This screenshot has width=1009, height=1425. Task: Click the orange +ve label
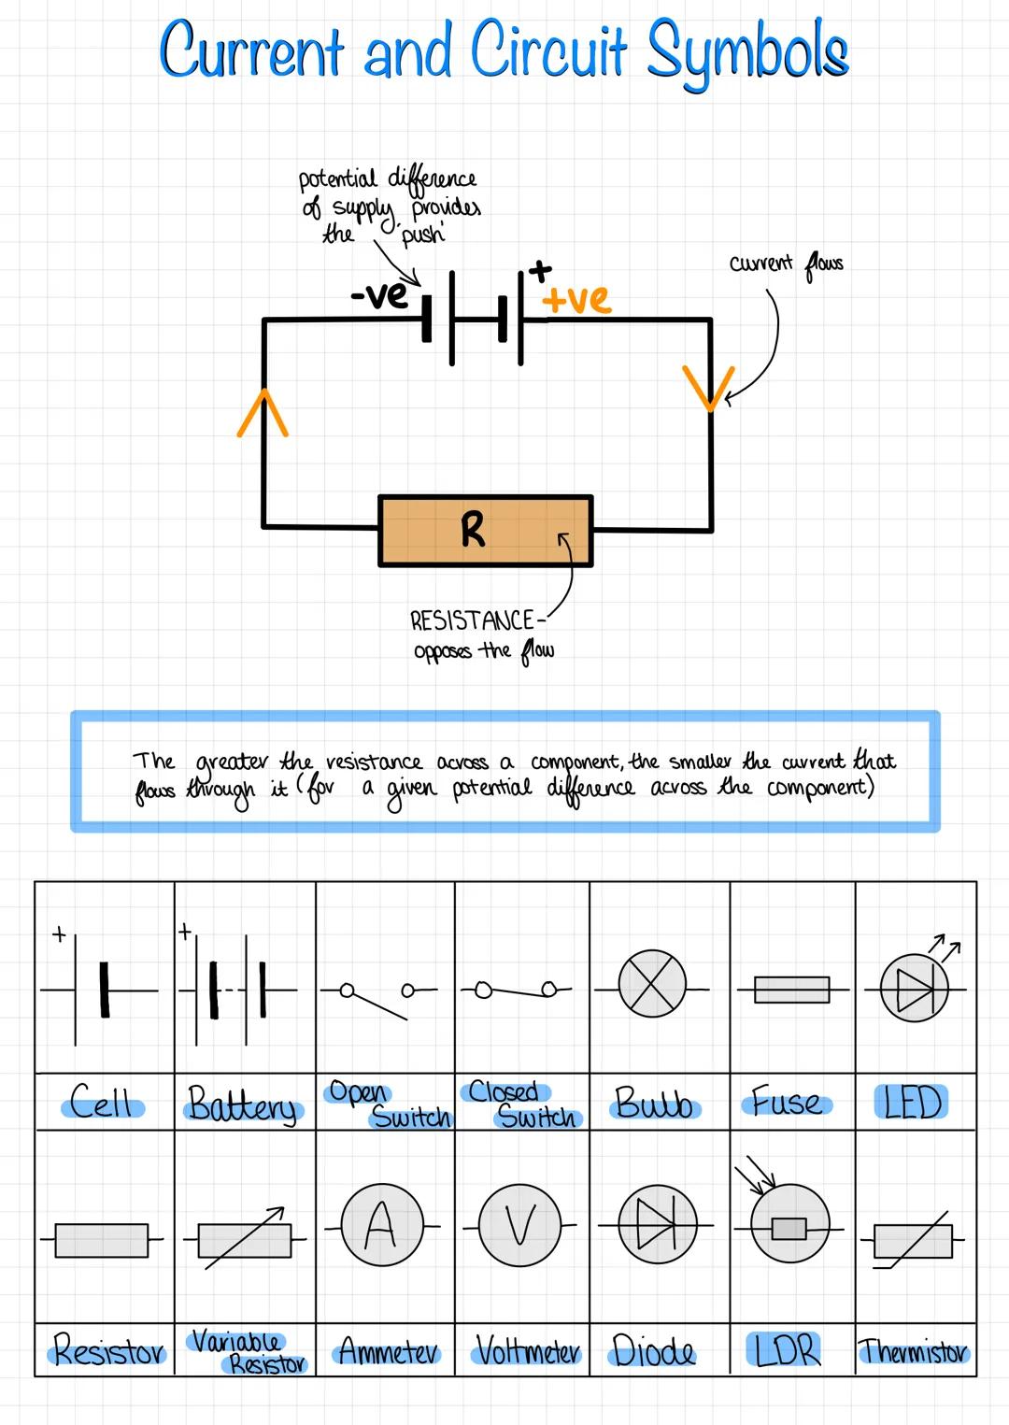(576, 299)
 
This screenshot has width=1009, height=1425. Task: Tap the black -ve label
(379, 295)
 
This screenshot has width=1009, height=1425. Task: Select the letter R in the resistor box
(473, 530)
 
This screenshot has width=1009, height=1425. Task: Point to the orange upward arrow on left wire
(263, 412)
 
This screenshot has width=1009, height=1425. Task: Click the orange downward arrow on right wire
(708, 387)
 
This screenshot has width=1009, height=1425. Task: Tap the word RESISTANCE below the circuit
(472, 620)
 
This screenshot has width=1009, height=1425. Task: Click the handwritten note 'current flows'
(786, 264)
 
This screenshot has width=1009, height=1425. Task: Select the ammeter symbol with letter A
(380, 1223)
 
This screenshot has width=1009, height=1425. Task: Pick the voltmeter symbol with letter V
(519, 1224)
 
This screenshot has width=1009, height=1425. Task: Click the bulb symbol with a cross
(652, 988)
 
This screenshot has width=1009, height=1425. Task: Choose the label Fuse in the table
(788, 1103)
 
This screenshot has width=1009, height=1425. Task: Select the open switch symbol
(378, 996)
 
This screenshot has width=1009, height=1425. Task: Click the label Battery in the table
(242, 1104)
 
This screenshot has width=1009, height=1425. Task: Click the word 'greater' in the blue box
(232, 762)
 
